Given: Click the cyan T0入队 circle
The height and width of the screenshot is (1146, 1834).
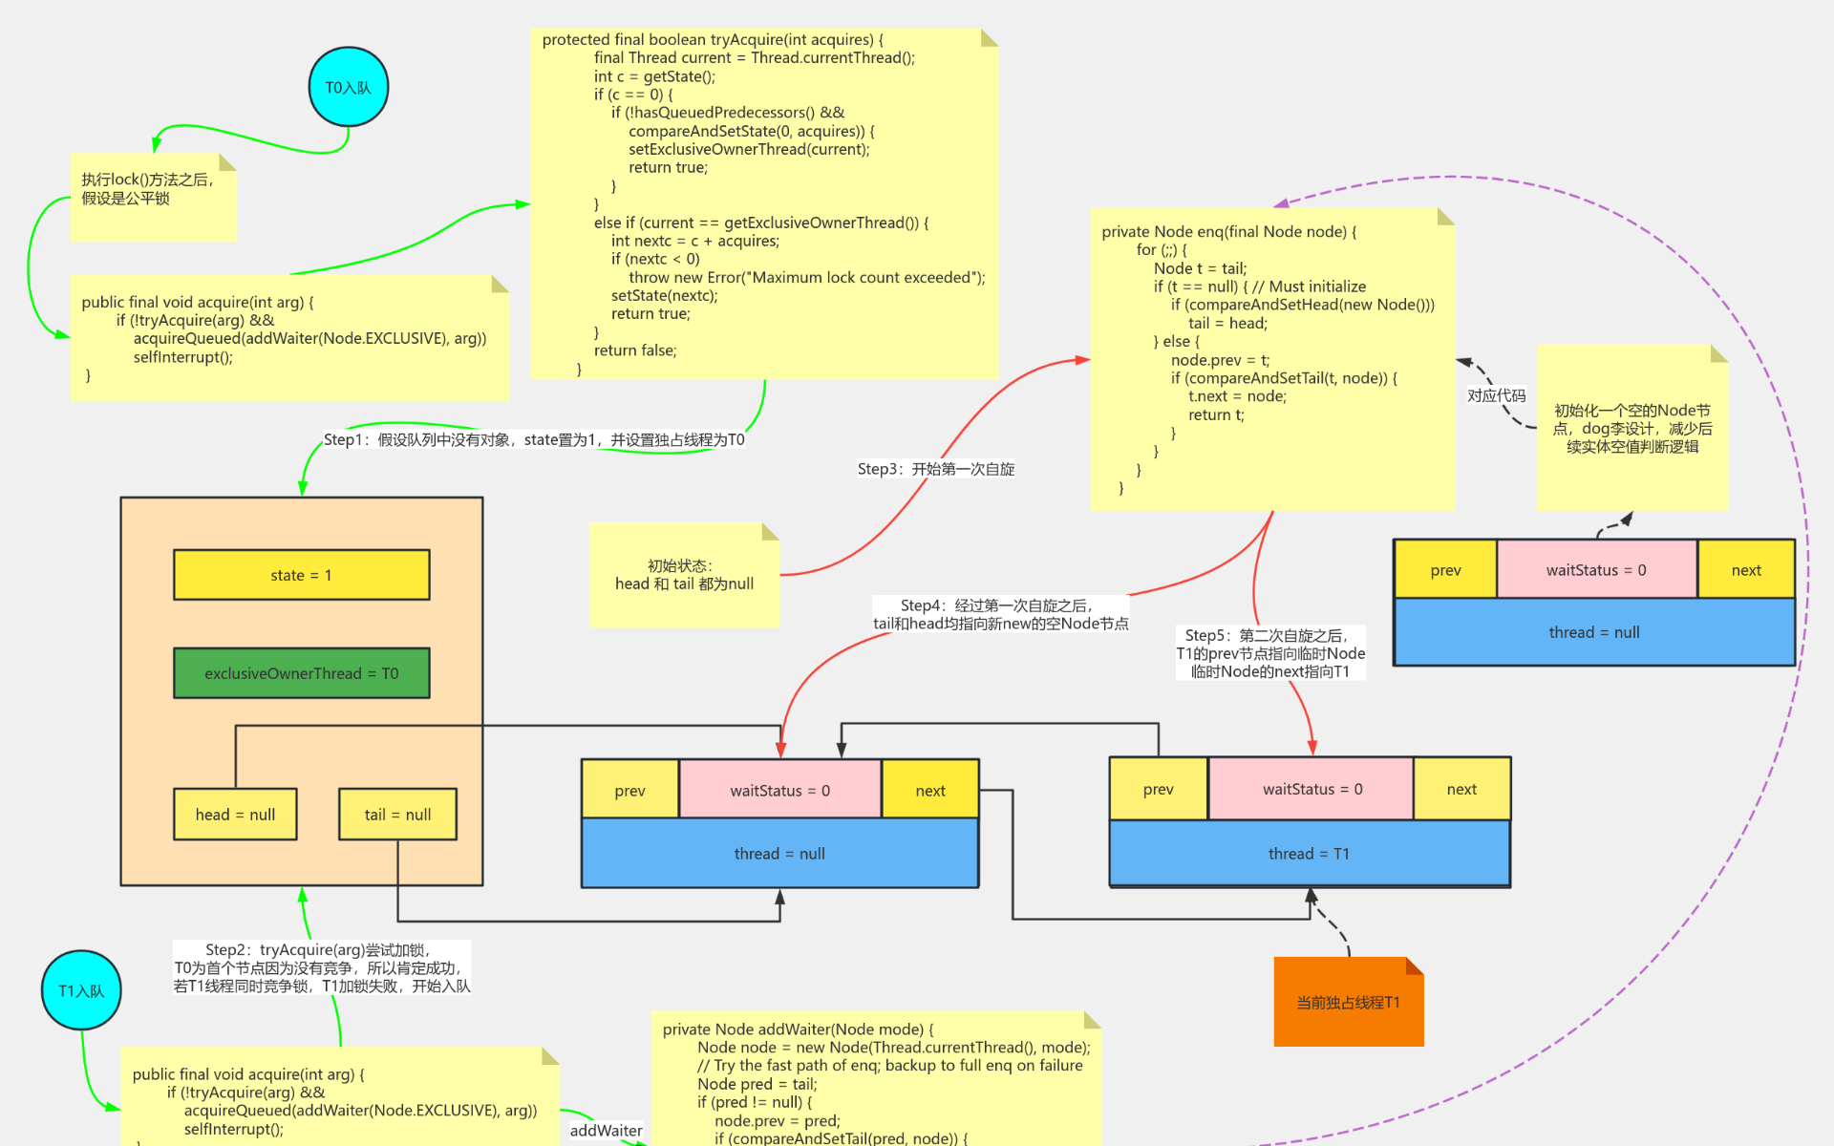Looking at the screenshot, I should click(x=348, y=87).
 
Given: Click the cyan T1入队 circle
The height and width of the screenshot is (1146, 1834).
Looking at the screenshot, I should click(x=81, y=990).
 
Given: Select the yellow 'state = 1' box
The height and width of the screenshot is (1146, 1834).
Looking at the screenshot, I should click(x=301, y=575).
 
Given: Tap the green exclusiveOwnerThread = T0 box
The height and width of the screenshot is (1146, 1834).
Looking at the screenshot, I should click(x=301, y=673).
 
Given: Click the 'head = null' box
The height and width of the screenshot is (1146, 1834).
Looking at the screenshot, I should click(x=235, y=815).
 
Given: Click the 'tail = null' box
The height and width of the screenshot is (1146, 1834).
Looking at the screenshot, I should click(x=397, y=815).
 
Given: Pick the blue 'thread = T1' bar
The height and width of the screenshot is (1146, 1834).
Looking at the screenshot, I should click(x=1309, y=854).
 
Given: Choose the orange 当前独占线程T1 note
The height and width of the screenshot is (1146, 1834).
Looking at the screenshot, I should click(x=1348, y=1003).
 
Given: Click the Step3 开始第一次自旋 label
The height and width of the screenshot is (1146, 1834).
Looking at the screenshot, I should click(x=935, y=469).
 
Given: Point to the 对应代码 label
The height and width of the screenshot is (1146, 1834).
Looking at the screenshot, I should click(x=1496, y=395).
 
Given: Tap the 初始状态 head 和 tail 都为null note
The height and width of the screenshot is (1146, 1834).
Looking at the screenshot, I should click(x=684, y=575).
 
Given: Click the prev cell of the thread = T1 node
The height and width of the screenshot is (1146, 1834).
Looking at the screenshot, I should click(x=1158, y=789).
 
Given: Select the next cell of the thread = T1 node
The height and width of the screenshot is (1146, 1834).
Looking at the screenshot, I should click(x=1461, y=789).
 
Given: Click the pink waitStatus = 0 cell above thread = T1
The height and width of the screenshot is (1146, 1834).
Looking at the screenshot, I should click(x=1312, y=789).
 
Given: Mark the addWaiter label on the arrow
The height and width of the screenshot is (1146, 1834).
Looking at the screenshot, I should click(x=606, y=1131).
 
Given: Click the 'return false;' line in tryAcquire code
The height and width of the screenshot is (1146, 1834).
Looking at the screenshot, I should click(x=634, y=350).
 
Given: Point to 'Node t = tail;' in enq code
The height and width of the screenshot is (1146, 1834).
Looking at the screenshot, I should click(x=1200, y=268).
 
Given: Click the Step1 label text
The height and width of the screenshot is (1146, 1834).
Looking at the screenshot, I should click(x=533, y=439).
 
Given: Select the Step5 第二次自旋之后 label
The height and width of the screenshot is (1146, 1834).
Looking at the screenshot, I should click(x=1269, y=653).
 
